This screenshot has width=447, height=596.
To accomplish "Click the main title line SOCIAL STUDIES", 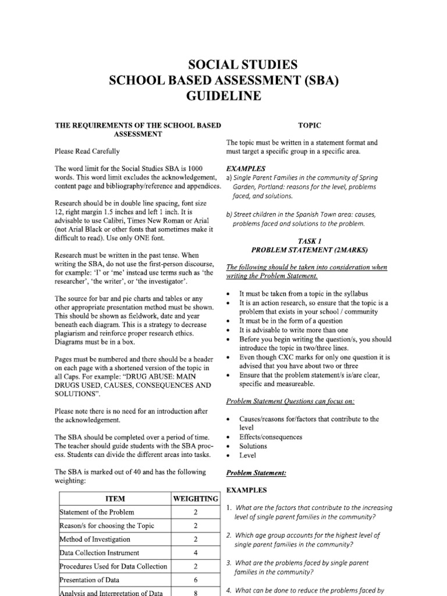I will pos(223,65).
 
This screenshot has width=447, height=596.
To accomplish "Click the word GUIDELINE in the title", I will pos(223,95).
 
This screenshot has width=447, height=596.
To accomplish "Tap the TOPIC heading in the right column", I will pos(310,125).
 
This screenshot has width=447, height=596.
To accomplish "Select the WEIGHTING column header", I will pos(196,499).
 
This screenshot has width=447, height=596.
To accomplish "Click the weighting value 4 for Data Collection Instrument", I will pos(196,553).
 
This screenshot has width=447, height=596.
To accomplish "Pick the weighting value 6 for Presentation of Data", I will pos(196,580).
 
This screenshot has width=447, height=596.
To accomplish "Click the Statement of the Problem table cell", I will pos(97,512).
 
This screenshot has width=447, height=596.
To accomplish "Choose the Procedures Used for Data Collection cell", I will pos(113,566).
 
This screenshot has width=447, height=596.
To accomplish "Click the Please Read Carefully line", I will pos(87,151).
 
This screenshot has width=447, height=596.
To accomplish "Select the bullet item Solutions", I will pos(253,446).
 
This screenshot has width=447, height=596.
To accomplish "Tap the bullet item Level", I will pos(248,456).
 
